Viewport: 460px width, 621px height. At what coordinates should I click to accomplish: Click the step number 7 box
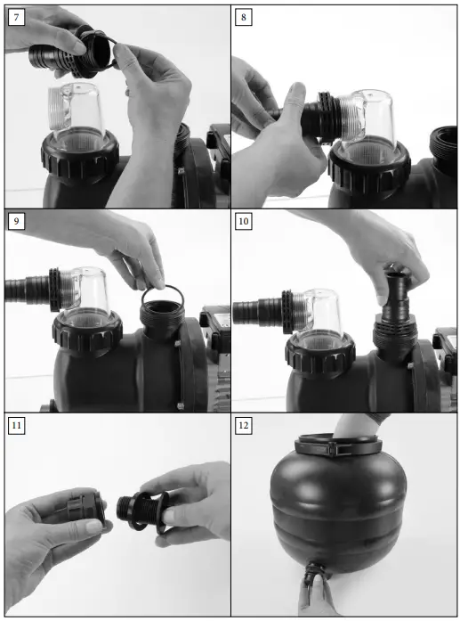click(16, 17)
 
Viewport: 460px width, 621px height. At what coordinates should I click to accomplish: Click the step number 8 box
click(243, 17)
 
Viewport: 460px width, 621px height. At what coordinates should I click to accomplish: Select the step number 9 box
click(16, 221)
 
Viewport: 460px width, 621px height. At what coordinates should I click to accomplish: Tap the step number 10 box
click(243, 221)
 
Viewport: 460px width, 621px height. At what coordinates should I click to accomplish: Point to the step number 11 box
click(16, 426)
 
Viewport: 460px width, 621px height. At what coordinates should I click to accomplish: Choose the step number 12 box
click(243, 426)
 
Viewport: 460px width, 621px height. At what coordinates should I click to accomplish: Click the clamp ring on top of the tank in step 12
click(338, 445)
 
